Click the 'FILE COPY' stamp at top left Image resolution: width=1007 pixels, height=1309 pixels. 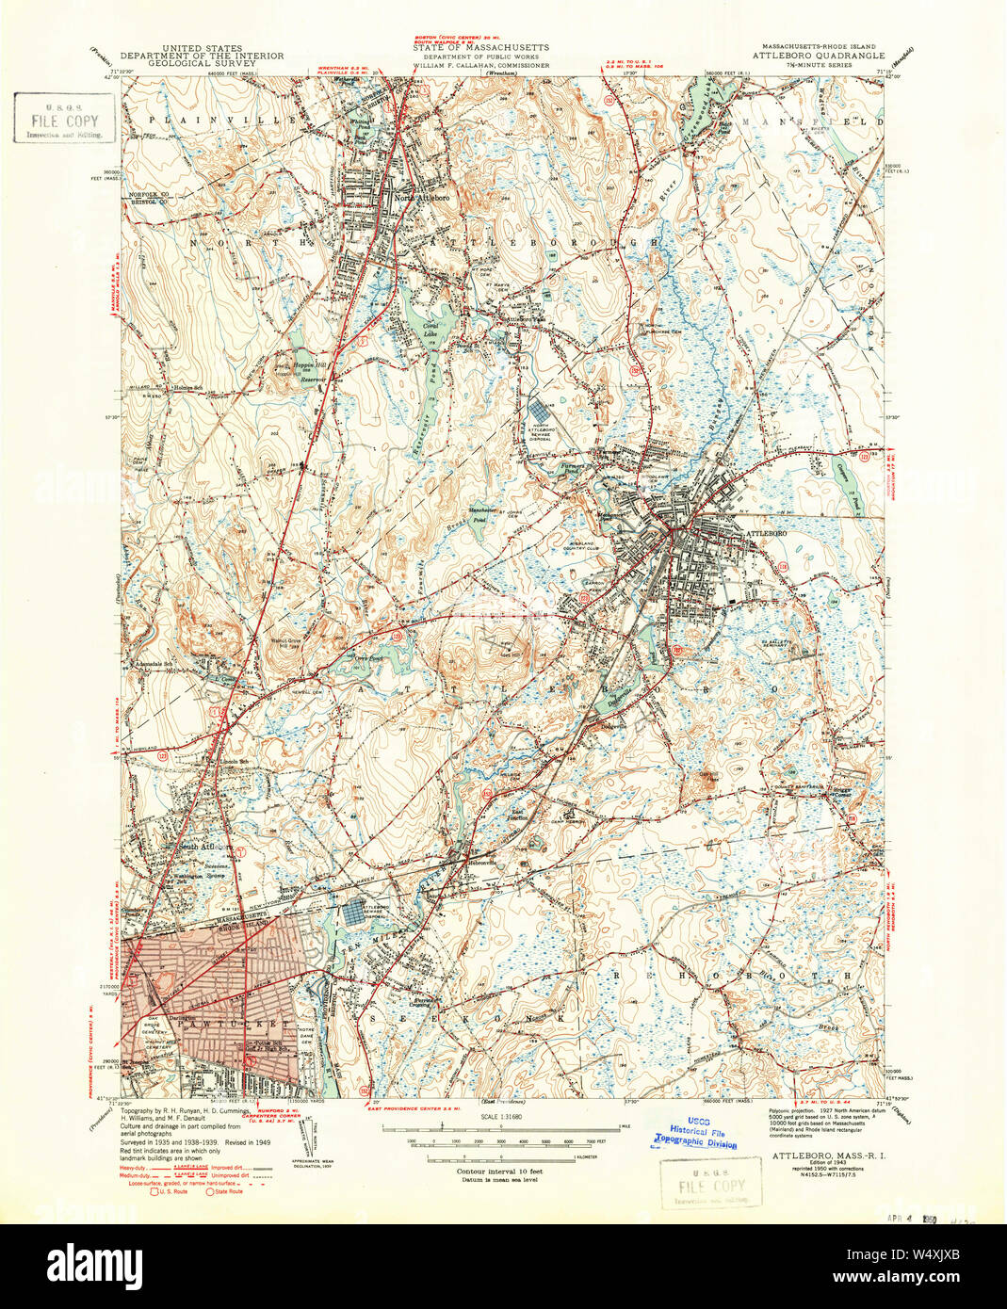63,121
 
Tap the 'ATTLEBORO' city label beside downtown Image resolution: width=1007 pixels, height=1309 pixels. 765,533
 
